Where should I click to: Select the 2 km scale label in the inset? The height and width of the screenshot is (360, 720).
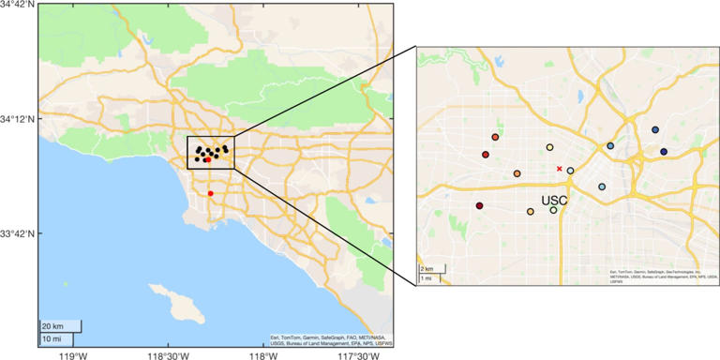[x=426, y=269]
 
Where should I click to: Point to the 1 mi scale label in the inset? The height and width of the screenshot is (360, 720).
[x=426, y=278]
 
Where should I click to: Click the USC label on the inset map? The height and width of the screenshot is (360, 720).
[x=554, y=200]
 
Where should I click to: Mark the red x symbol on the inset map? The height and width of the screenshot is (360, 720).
[x=560, y=169]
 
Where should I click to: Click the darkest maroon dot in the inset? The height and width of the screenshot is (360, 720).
[x=479, y=205]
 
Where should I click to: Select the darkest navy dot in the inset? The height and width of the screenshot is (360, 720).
[x=664, y=152]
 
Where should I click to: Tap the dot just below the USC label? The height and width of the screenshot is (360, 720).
[x=553, y=210]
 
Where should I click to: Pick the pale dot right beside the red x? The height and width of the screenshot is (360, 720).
[x=570, y=171]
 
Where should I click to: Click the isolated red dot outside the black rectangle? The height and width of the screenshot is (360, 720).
[x=210, y=193]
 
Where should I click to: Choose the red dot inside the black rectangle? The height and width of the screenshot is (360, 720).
[x=206, y=160]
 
